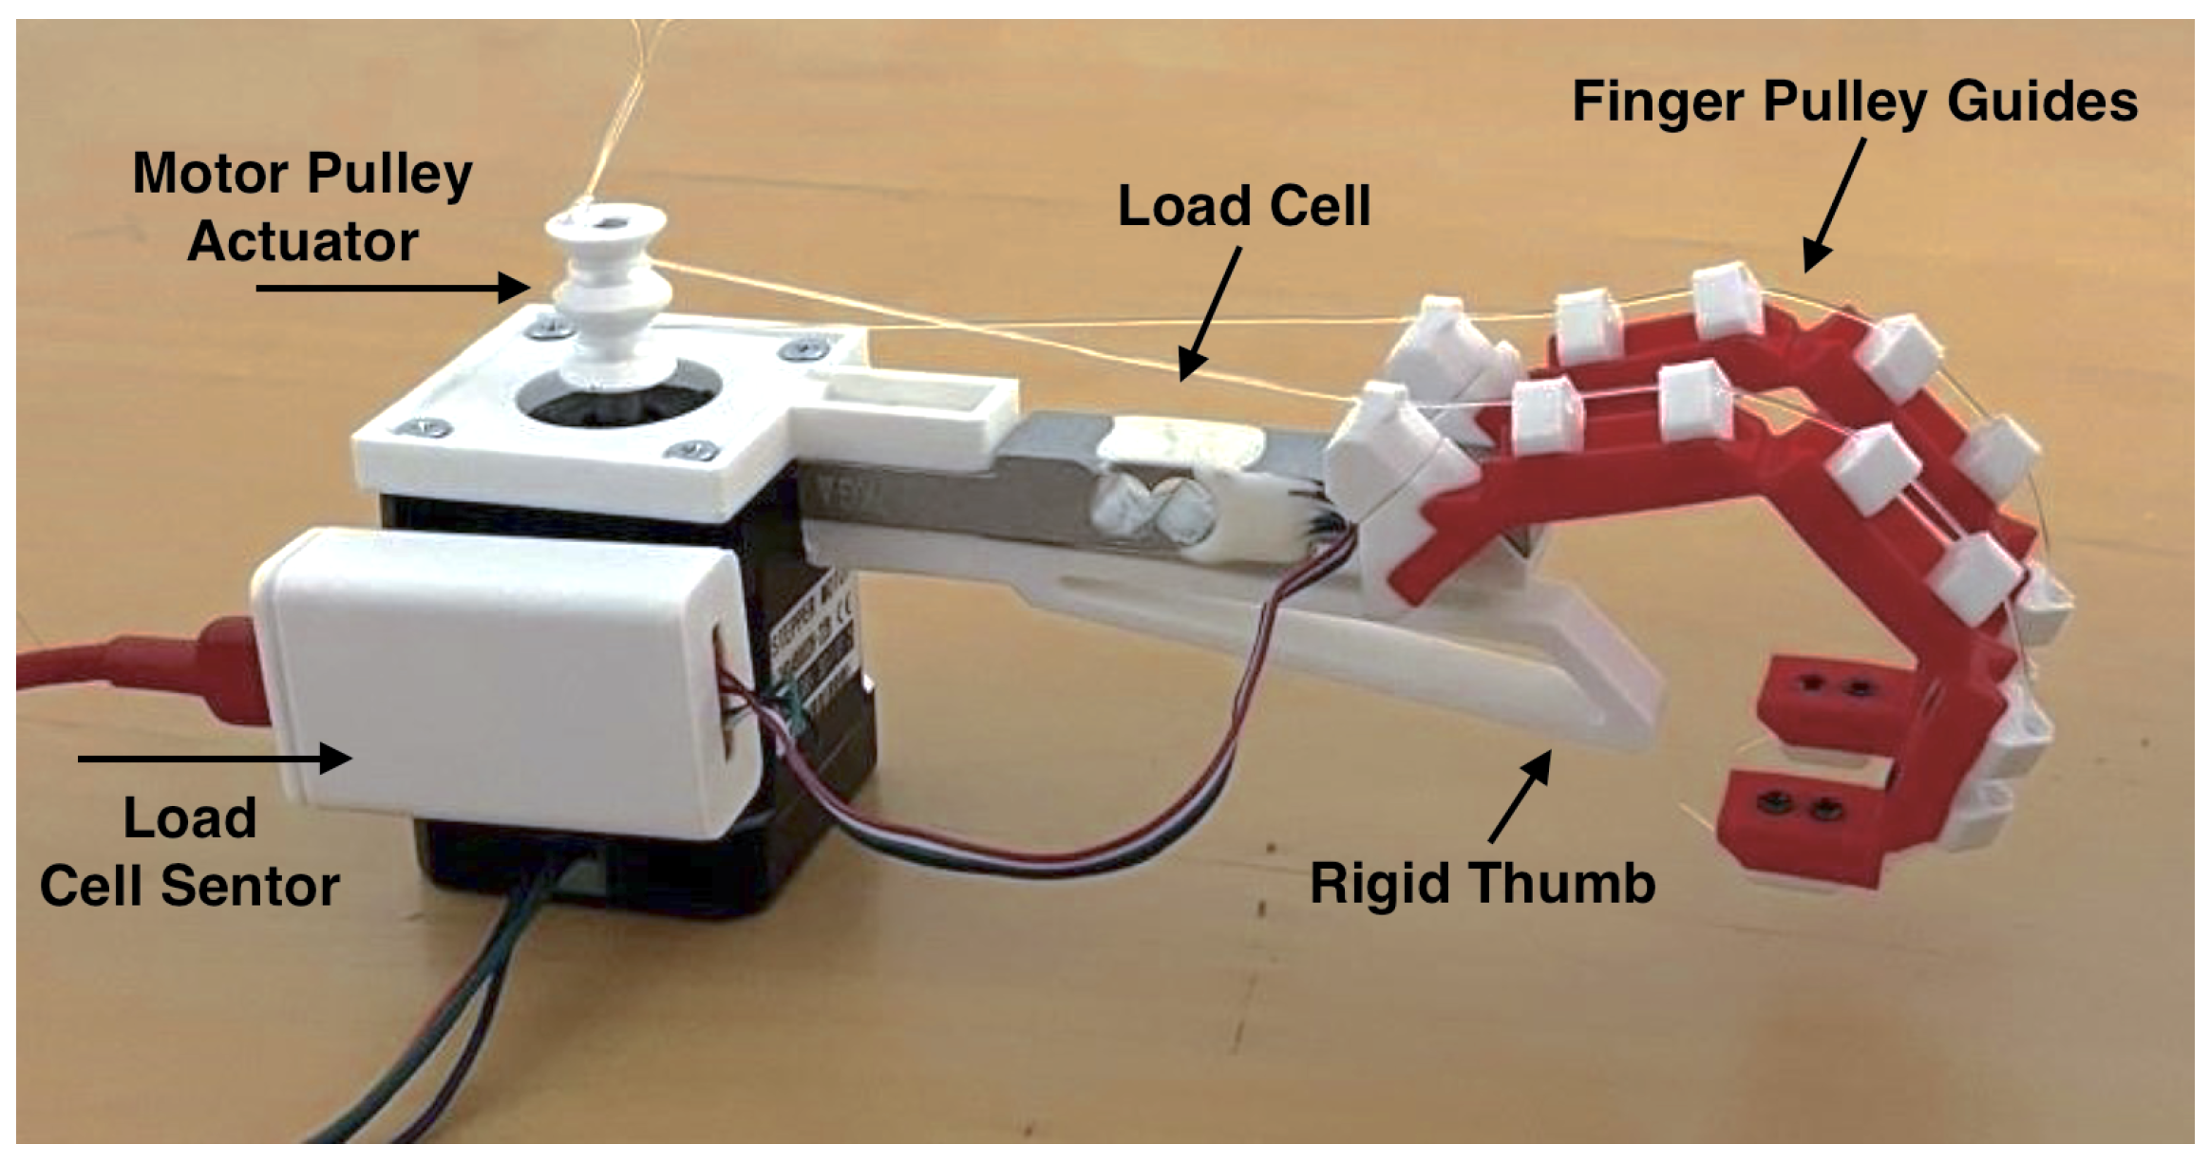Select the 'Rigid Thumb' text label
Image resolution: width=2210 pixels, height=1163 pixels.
click(x=1483, y=884)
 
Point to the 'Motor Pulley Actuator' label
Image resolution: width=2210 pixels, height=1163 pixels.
click(x=302, y=206)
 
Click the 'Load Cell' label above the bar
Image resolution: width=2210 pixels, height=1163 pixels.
click(x=1244, y=206)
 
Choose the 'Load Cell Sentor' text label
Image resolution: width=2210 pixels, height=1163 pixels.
click(x=190, y=852)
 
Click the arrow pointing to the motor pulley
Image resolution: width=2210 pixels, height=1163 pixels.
click(x=392, y=287)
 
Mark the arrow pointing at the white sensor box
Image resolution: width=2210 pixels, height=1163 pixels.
click(x=215, y=758)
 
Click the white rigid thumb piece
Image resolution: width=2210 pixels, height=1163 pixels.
click(x=1425, y=665)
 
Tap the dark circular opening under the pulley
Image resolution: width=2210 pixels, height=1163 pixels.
click(x=617, y=403)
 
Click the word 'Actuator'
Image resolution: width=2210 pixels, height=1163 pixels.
click(x=302, y=241)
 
